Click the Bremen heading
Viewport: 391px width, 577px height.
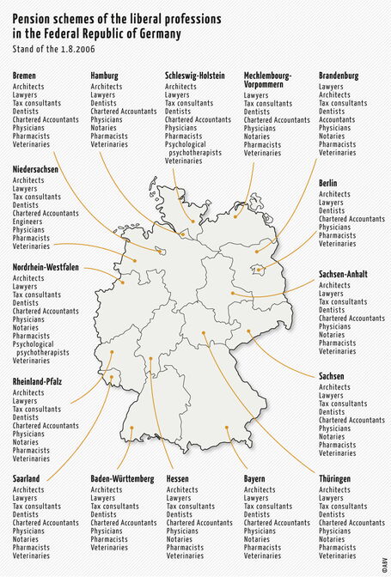[25, 76]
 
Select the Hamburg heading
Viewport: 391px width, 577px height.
[105, 76]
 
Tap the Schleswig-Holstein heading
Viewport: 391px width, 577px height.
[196, 76]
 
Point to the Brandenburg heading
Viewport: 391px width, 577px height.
[339, 76]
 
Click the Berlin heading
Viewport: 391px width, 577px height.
[328, 184]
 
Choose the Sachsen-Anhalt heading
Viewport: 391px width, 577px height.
[344, 274]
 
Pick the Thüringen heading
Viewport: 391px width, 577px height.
[337, 478]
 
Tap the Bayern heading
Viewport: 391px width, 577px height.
[255, 478]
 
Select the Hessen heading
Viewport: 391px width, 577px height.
[178, 478]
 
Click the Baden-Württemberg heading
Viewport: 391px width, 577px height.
[123, 478]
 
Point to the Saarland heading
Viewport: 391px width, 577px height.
[27, 478]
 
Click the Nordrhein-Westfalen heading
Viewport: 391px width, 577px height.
[46, 268]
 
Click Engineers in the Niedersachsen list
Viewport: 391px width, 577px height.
[28, 222]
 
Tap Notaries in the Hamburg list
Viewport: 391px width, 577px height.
[105, 127]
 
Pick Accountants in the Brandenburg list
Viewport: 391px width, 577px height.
[338, 119]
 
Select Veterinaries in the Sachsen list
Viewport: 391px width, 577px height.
[338, 452]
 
